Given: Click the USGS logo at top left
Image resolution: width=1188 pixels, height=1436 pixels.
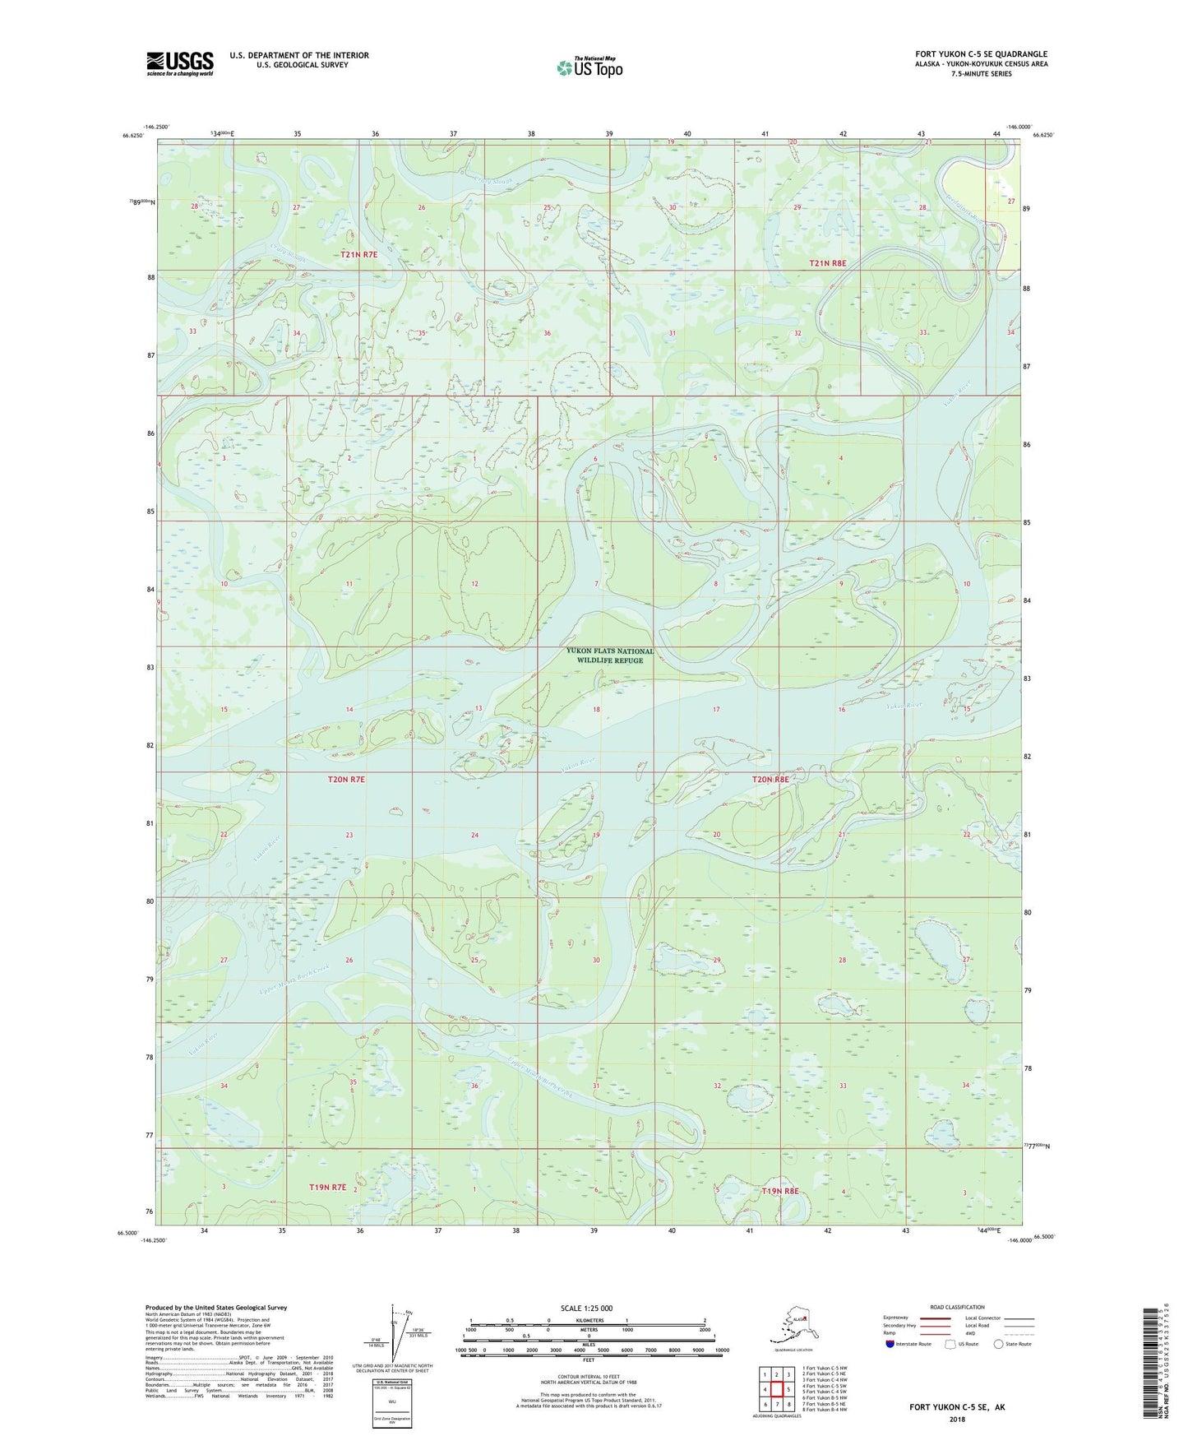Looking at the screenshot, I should [x=180, y=63].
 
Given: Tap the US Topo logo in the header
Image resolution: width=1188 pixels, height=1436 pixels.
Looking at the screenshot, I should [x=589, y=67].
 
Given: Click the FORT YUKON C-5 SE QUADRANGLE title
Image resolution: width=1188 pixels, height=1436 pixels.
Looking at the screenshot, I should [x=981, y=54].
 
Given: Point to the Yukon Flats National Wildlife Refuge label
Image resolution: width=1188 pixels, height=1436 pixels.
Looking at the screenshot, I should [x=609, y=655].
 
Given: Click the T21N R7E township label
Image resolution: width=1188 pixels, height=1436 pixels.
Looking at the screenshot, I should [x=359, y=255].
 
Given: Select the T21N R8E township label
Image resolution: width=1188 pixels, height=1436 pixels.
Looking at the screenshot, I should [x=827, y=263].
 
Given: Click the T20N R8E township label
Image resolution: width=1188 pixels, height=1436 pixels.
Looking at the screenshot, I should [x=770, y=779].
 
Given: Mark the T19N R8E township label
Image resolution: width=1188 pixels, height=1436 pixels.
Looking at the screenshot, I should [x=779, y=1191].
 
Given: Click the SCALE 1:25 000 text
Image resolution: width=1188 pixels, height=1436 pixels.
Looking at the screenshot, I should [x=587, y=1308].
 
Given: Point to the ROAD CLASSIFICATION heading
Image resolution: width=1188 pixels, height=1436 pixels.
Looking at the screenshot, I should [x=958, y=1307].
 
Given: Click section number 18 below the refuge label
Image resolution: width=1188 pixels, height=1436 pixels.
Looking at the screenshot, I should [x=596, y=709].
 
